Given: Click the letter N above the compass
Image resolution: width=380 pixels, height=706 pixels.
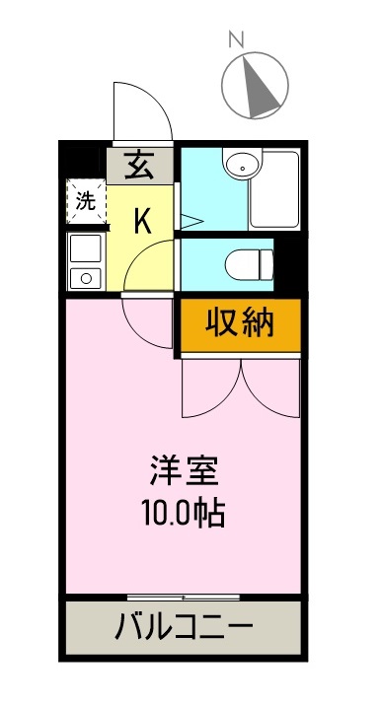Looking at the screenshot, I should (x=236, y=39).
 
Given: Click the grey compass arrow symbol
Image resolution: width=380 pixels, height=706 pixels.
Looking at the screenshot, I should (x=259, y=84).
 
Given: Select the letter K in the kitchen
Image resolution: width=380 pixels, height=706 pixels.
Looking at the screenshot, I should (x=143, y=221).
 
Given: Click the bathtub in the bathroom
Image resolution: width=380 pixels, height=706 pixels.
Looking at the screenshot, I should (x=273, y=190).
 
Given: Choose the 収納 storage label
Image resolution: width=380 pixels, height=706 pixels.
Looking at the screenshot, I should (x=239, y=322).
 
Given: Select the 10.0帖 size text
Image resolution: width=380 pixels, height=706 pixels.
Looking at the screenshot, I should (x=184, y=513).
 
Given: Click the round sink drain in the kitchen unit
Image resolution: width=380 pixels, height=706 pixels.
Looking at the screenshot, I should (x=85, y=277).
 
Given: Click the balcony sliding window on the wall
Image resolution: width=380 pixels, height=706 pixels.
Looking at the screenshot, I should (x=184, y=598).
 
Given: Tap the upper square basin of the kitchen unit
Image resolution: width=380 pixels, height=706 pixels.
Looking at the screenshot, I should (x=85, y=247).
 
